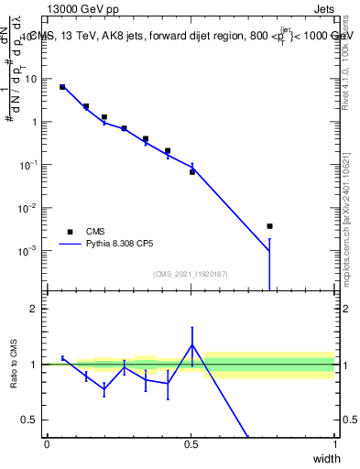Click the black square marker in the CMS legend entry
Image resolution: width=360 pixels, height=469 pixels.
[x=70, y=232]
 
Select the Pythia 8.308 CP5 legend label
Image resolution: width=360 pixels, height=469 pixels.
[x=125, y=245]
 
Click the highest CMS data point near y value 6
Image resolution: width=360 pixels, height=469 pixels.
[x=62, y=87]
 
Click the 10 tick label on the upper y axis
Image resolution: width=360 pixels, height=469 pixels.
[x=31, y=79]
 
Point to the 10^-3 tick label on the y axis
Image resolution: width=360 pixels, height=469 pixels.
[x=30, y=250]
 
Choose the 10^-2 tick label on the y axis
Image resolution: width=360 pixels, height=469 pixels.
[x=30, y=208]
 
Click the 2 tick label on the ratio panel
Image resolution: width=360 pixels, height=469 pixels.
[x=36, y=309]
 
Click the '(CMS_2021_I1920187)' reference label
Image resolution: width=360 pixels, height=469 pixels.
[x=190, y=274]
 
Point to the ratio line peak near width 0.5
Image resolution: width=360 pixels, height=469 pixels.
[x=191, y=344]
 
